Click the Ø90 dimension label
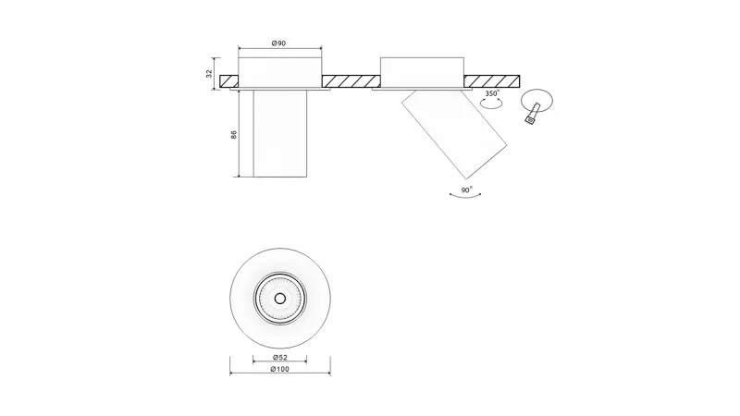click(x=279, y=43)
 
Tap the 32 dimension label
click(x=210, y=74)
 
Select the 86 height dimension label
click(x=234, y=134)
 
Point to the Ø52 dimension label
click(x=280, y=358)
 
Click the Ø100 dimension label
click(x=280, y=369)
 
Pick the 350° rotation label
click(x=492, y=93)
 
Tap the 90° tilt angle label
click(x=467, y=190)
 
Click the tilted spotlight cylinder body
click(x=454, y=134)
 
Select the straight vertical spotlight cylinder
click(x=280, y=133)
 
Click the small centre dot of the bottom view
click(x=280, y=299)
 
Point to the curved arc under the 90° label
click(x=465, y=197)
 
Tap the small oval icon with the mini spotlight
click(x=537, y=101)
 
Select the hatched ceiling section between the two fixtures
click(x=351, y=81)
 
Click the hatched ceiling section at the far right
click(x=492, y=81)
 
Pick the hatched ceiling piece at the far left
click(x=228, y=81)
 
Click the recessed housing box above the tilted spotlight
click(x=422, y=72)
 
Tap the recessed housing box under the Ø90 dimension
click(x=280, y=72)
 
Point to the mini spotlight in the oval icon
click(x=533, y=114)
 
